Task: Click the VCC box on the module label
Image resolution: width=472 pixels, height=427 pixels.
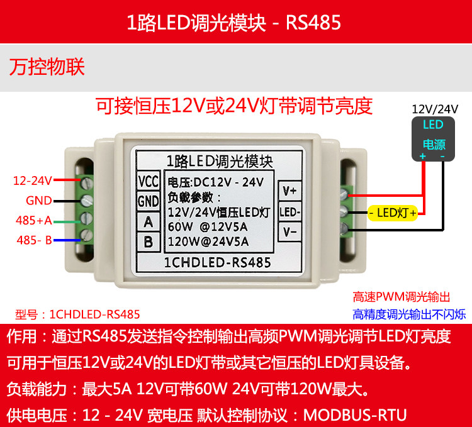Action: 148,181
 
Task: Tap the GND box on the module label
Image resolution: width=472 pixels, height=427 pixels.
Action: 148,201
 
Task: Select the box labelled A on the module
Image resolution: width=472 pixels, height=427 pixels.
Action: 148,222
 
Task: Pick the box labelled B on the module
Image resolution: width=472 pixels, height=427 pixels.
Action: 148,241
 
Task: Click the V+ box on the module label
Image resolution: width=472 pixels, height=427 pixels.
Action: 289,191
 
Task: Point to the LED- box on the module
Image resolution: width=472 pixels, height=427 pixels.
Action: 289,212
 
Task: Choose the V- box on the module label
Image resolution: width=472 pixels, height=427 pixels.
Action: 289,231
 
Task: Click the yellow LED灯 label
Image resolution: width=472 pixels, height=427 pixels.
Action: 393,213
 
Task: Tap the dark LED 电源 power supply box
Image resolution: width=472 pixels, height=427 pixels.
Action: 433,139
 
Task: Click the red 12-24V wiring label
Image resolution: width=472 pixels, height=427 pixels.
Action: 33,180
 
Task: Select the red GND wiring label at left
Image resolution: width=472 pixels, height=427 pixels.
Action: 39,201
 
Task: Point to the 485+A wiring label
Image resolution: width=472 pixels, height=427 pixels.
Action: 34,220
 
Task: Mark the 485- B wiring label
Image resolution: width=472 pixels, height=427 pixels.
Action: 35,240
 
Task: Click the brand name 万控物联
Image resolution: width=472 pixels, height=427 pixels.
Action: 47,67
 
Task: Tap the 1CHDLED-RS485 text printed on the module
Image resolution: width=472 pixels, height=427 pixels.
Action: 217,262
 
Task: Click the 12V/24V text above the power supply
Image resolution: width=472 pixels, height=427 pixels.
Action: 435,109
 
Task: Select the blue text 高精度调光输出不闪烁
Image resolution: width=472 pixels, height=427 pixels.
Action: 410,314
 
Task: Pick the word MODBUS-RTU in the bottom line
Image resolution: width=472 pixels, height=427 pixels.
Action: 355,415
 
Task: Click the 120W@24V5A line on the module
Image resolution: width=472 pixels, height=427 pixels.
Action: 208,241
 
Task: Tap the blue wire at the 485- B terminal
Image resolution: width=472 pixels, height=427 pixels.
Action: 67,240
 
